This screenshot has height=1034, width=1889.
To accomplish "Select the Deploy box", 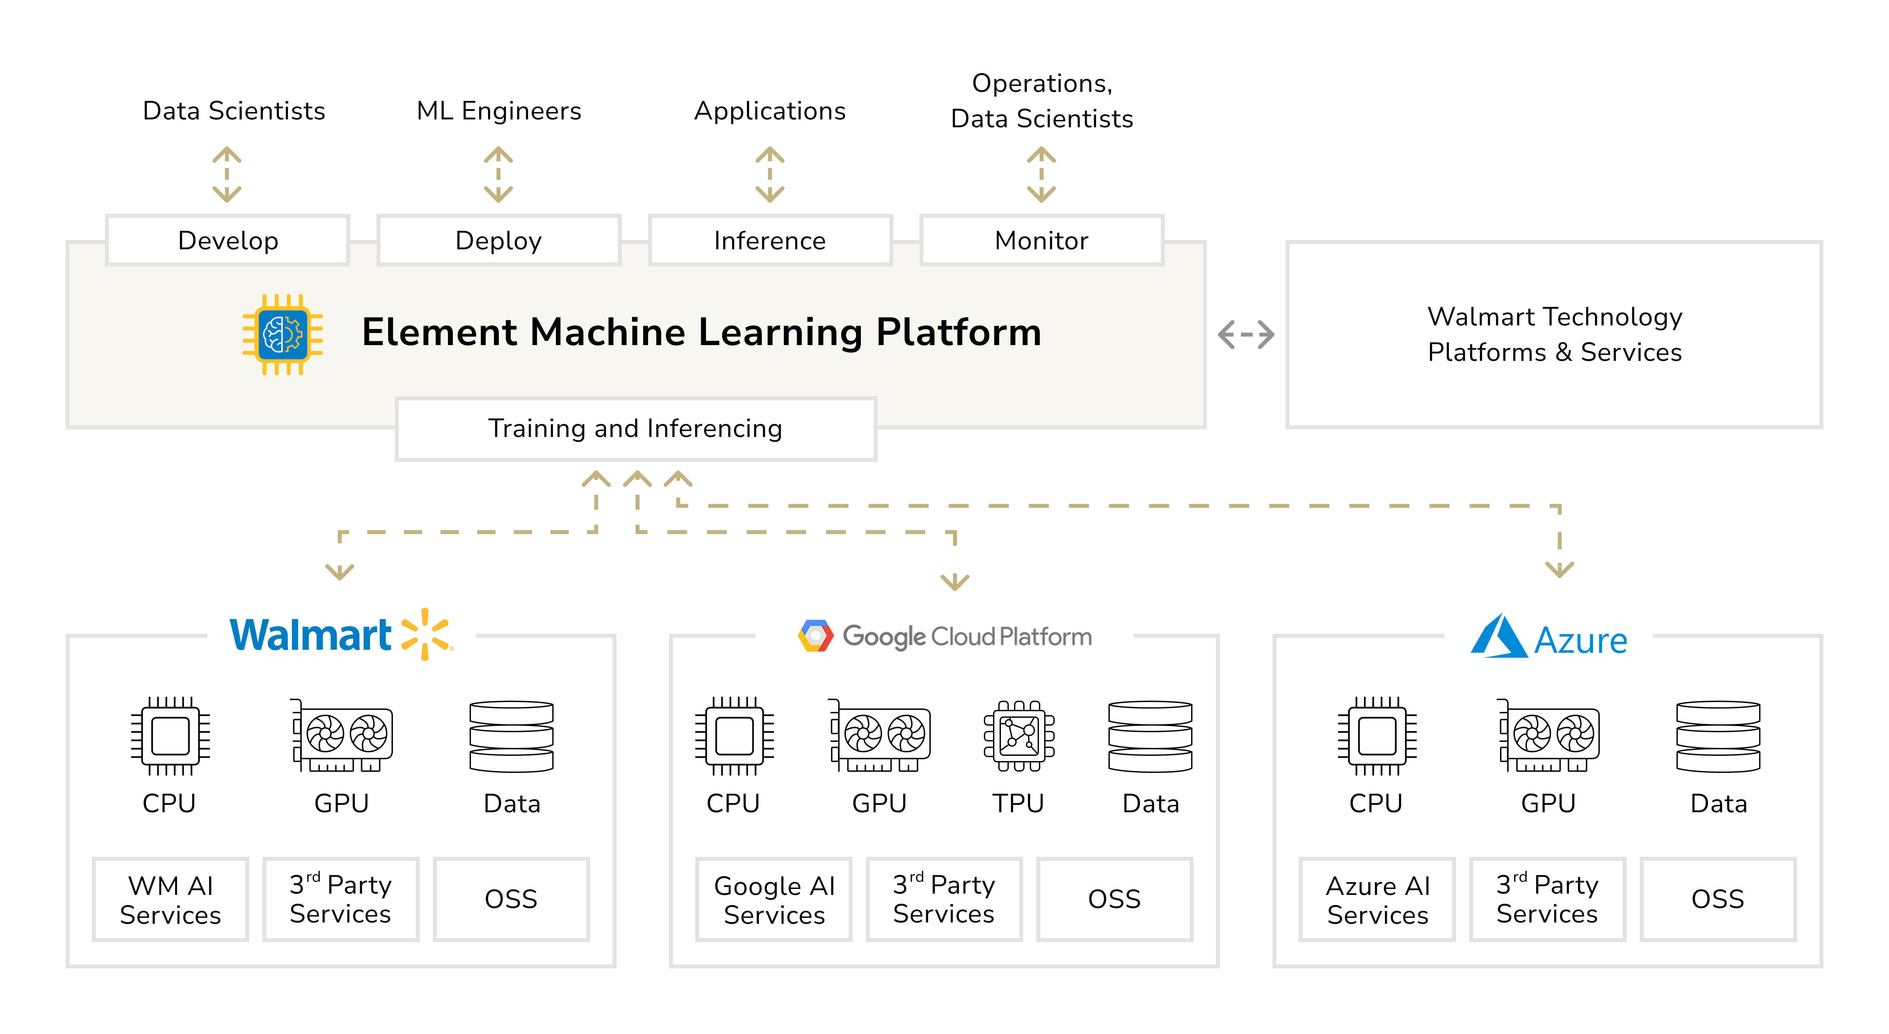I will tap(498, 240).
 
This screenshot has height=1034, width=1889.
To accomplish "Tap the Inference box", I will tap(770, 240).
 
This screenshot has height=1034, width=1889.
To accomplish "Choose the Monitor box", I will tap(1041, 240).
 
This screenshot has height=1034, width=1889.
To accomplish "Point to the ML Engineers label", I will tap(498, 111).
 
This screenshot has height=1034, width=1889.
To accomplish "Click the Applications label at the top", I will tap(770, 111).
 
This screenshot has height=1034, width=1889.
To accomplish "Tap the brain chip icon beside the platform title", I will tap(282, 334).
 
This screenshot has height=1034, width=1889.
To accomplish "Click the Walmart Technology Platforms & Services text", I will tap(1554, 334).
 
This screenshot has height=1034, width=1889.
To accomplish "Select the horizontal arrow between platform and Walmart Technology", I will tap(1246, 334).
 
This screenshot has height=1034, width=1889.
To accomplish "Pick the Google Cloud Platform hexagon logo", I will tap(815, 636).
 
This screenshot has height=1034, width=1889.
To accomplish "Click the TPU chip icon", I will tap(1019, 735).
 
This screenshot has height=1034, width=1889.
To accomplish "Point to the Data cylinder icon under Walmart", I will tap(511, 736).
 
